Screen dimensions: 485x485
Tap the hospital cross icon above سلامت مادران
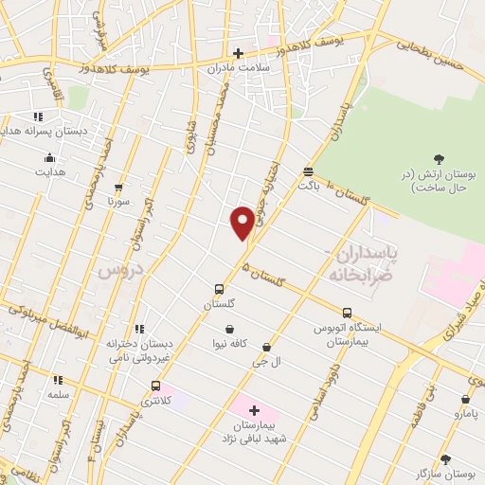click(x=238, y=53)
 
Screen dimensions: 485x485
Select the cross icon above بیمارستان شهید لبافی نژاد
click(x=254, y=410)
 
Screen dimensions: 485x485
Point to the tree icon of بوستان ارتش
click(x=439, y=159)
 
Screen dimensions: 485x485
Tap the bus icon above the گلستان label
click(x=219, y=290)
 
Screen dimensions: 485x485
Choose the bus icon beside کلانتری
click(x=155, y=386)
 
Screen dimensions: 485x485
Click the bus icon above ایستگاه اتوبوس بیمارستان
click(x=347, y=313)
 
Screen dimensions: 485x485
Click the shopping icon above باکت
click(x=309, y=171)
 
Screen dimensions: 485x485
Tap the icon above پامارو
click(x=465, y=400)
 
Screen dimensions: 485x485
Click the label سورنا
click(x=117, y=202)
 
